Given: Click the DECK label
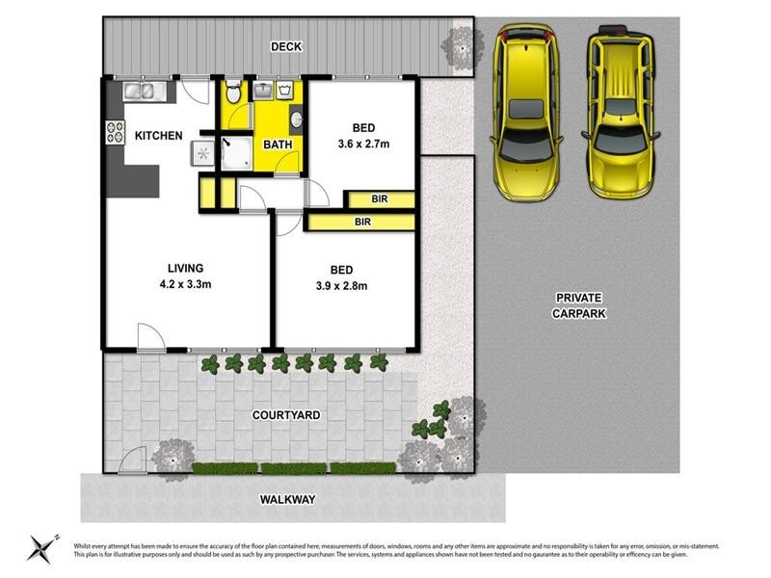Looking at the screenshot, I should click(286, 45).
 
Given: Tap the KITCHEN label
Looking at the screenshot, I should click(158, 136).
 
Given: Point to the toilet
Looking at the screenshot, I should click(232, 93).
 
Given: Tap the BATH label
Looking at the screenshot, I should click(279, 145).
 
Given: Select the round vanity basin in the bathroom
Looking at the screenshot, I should click(295, 121).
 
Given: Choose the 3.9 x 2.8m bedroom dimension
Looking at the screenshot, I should click(341, 285).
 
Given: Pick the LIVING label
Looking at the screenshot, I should click(187, 268).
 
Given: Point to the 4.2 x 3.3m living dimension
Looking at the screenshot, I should click(187, 285).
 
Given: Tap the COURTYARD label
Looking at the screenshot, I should click(286, 415).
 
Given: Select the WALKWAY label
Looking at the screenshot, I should click(288, 500).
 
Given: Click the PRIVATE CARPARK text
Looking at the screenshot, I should click(579, 306).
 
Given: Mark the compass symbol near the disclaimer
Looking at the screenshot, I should click(41, 547).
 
